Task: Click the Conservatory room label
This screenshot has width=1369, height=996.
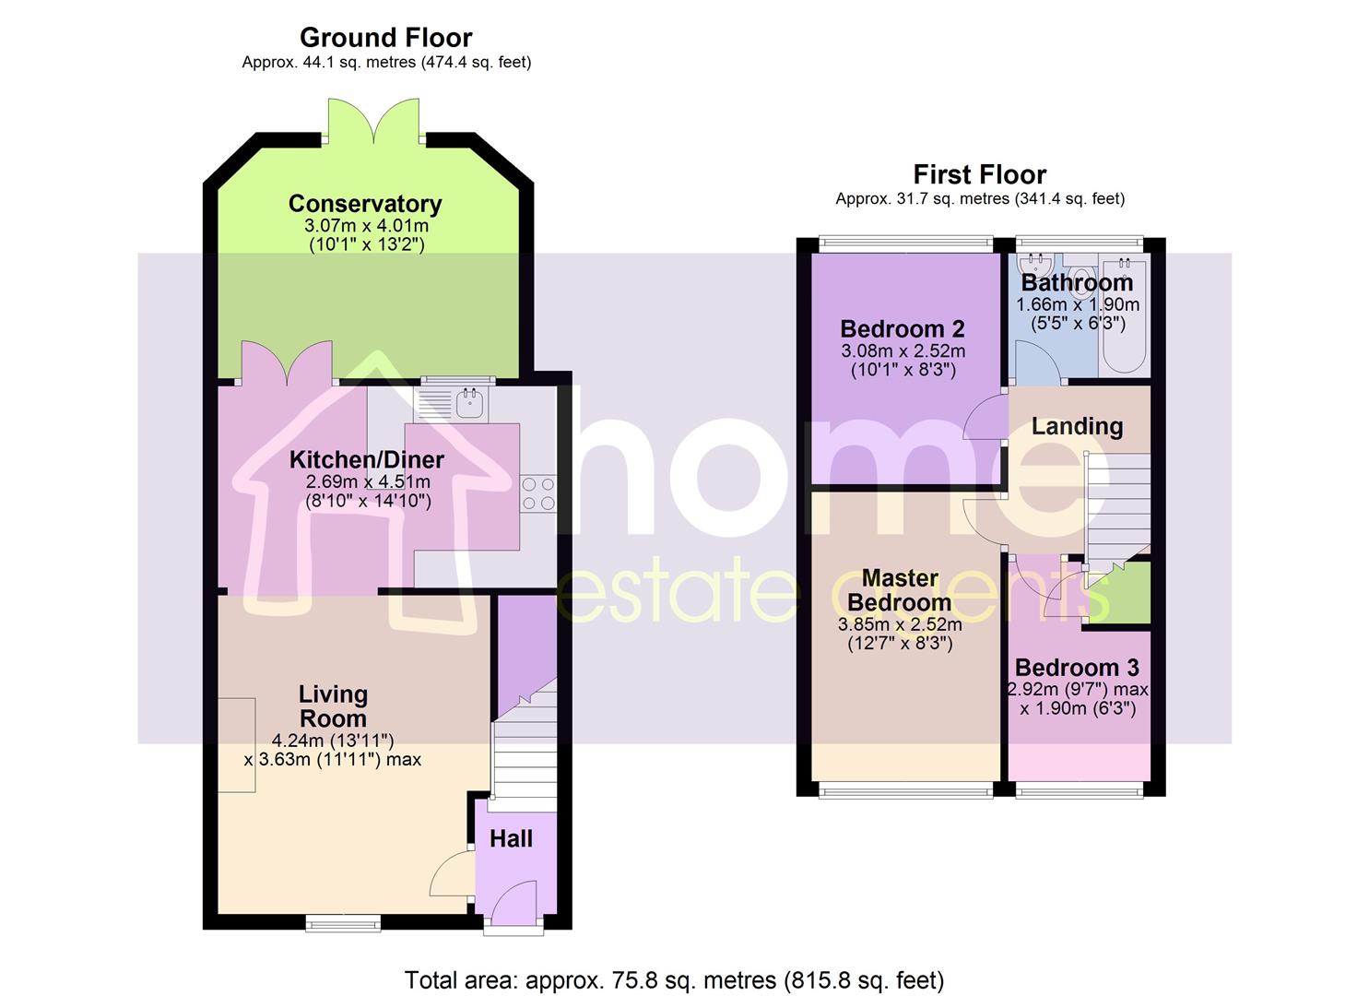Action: pos(365,204)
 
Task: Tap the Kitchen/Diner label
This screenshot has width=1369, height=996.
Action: pos(367,459)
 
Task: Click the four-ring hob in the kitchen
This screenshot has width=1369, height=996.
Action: pos(538,492)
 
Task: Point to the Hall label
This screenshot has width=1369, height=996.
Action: pos(511,838)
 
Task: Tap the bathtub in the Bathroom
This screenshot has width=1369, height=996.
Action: pos(1123,315)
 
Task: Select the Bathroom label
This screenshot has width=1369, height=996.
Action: pos(1077,283)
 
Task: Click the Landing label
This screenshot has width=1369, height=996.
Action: pos(1077,426)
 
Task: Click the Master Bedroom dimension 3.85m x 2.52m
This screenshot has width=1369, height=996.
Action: pos(899,624)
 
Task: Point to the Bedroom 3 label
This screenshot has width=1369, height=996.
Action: pos(1077,668)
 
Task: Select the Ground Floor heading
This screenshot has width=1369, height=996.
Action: pos(385,38)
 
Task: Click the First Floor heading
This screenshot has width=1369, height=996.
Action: pos(979,174)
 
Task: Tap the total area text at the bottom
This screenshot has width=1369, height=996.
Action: pos(674,979)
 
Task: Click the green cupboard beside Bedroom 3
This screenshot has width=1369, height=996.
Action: pos(1130,593)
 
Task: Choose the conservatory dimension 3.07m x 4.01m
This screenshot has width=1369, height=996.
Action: pos(366,225)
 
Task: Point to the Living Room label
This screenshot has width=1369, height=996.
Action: pos(333,706)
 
